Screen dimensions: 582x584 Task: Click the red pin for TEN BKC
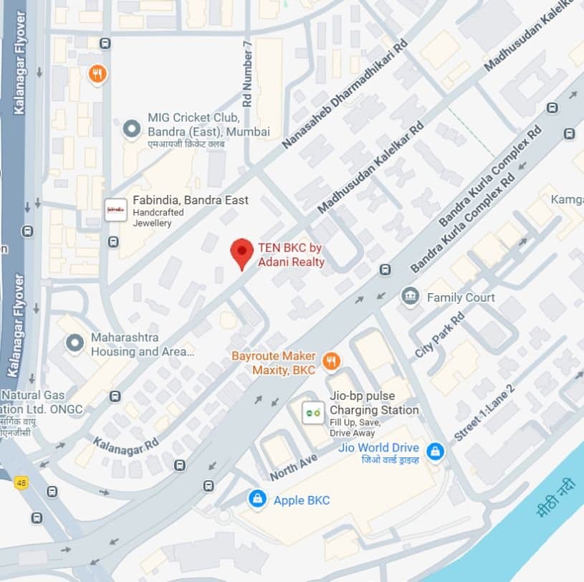pos(242,252)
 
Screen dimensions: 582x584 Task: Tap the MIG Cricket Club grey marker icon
pos(131,129)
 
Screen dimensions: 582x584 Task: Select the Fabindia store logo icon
pos(115,209)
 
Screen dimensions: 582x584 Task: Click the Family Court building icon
pos(411,296)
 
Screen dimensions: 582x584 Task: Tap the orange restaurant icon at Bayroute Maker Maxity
pos(330,361)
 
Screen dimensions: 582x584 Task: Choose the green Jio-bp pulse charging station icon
pos(312,411)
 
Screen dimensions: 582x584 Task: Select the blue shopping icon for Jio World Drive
pos(434,452)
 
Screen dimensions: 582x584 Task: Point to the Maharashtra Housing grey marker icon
pos(75,343)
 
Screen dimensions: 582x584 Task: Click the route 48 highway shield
pos(21,482)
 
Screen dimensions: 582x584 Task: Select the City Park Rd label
pos(439,335)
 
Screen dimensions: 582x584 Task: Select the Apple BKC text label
pos(302,500)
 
